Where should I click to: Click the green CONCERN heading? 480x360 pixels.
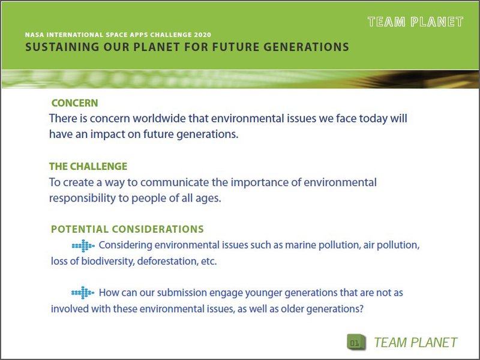(x=74, y=103)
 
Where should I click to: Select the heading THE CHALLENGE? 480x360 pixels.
(x=88, y=166)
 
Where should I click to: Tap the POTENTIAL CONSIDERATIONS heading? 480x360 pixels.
(x=127, y=229)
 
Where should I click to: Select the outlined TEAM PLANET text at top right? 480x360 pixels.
(x=415, y=22)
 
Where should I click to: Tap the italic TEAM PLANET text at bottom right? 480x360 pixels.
(x=415, y=343)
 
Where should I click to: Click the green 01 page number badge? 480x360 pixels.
(x=355, y=343)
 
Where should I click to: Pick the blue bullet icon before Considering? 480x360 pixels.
(x=83, y=245)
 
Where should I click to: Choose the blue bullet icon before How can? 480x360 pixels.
(x=83, y=293)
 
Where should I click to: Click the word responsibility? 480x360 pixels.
(x=82, y=198)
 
